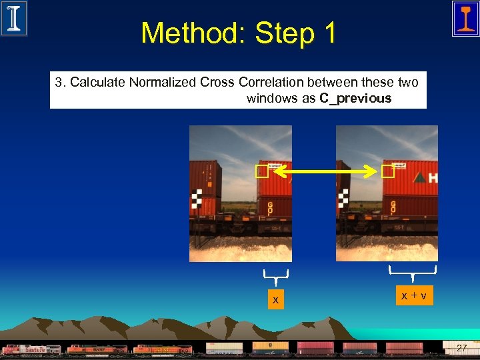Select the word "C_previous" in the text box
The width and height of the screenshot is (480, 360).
(355, 99)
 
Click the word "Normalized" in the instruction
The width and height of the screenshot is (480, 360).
(163, 83)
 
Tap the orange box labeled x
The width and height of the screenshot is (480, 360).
(275, 300)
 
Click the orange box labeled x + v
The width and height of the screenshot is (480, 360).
(413, 295)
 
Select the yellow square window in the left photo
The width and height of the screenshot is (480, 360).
(261, 172)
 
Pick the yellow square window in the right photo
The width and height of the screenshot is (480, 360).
(388, 172)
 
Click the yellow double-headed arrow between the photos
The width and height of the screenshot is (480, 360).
(325, 172)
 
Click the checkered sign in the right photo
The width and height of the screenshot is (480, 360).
(343, 197)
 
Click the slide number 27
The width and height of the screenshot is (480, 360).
(461, 347)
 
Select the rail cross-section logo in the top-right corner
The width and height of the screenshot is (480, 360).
(465, 18)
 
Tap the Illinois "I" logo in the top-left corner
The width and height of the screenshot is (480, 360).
(14, 18)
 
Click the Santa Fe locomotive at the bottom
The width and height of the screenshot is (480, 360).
(33, 349)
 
